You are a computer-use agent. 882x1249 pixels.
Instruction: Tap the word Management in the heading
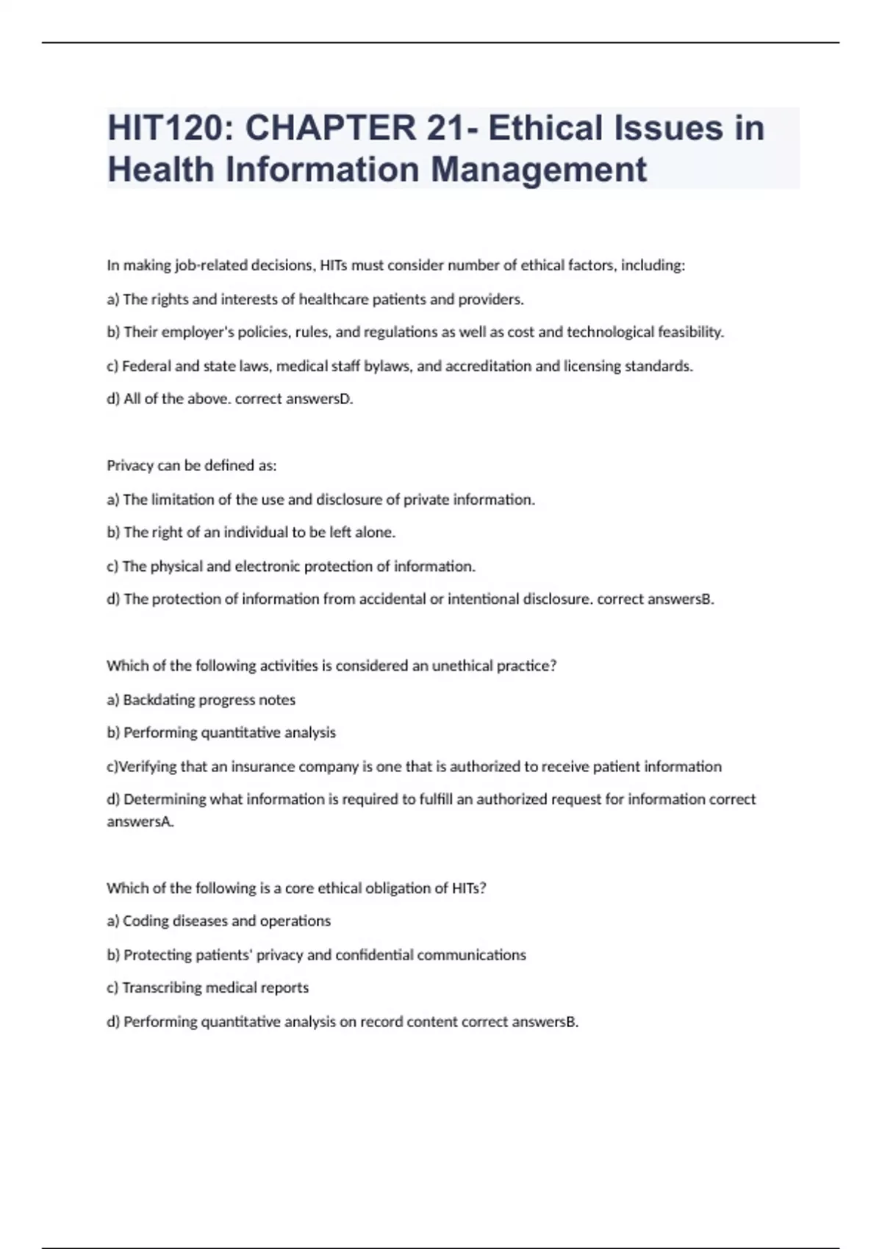click(x=538, y=169)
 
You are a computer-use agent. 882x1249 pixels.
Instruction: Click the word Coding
click(x=144, y=921)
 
